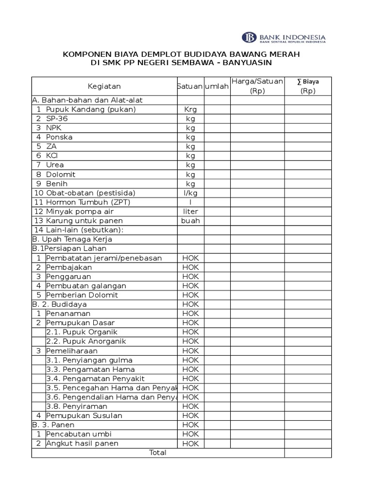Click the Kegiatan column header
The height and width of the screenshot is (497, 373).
coord(104,86)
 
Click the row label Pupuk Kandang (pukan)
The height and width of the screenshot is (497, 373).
coord(91,109)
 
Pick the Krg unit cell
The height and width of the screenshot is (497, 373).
coord(190,110)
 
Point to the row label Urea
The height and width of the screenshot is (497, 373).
coord(55,165)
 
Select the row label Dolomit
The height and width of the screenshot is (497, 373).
coord(61,174)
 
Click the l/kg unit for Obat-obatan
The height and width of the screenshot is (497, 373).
coord(190,193)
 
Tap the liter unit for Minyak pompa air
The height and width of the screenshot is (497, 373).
coord(190,212)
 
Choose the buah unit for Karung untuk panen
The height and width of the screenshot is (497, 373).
coord(190,221)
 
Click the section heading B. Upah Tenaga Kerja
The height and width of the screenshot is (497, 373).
coord(72,239)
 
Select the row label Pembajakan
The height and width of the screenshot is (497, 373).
coord(68,267)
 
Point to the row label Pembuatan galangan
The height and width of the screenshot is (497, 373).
coord(86,286)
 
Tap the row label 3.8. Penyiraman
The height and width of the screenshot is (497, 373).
coord(77,406)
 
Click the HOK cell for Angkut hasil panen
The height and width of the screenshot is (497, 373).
coord(190,444)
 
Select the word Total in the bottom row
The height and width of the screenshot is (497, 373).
coord(158,453)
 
